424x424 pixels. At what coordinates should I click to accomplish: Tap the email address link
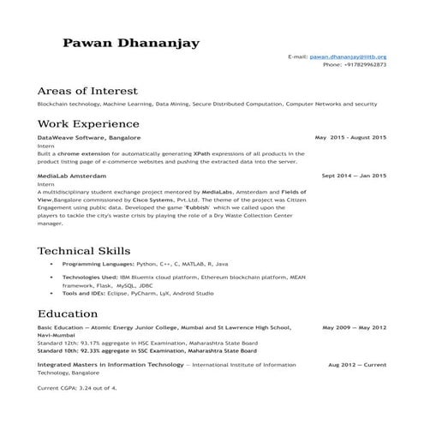tap(349, 56)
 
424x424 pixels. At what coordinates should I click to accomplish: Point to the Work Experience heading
tap(88, 125)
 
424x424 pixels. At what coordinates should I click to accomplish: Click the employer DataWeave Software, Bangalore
tap(89, 138)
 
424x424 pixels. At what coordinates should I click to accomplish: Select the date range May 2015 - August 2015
tap(350, 137)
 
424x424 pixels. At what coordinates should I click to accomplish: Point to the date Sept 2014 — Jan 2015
tap(353, 176)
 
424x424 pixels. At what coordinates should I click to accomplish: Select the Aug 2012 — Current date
tap(357, 364)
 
